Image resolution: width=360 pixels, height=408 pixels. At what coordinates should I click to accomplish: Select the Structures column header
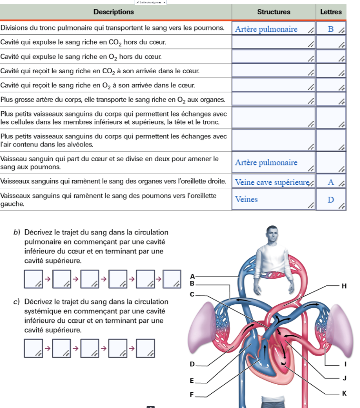tap(273, 12)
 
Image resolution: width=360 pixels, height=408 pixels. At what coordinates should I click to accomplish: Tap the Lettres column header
tap(331, 12)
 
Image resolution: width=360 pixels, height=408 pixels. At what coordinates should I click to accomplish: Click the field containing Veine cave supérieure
tap(273, 182)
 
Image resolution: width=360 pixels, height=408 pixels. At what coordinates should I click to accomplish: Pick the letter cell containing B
tap(331, 29)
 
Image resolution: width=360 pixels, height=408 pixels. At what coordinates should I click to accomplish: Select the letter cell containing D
tap(331, 200)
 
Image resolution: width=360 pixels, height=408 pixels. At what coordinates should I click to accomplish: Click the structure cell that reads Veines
tap(273, 200)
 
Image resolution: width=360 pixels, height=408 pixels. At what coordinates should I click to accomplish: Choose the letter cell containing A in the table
tap(331, 182)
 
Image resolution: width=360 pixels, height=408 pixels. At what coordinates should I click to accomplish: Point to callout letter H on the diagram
tap(344, 286)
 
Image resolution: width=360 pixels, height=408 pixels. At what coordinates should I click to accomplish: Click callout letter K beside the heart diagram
tap(344, 393)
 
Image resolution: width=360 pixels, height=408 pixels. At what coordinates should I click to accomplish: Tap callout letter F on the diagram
tap(192, 395)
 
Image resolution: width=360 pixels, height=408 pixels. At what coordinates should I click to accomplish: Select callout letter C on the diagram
tap(192, 295)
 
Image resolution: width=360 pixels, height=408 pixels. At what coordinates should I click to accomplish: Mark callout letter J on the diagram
tap(344, 378)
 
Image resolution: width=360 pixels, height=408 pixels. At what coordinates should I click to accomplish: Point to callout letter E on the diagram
tap(192, 381)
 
